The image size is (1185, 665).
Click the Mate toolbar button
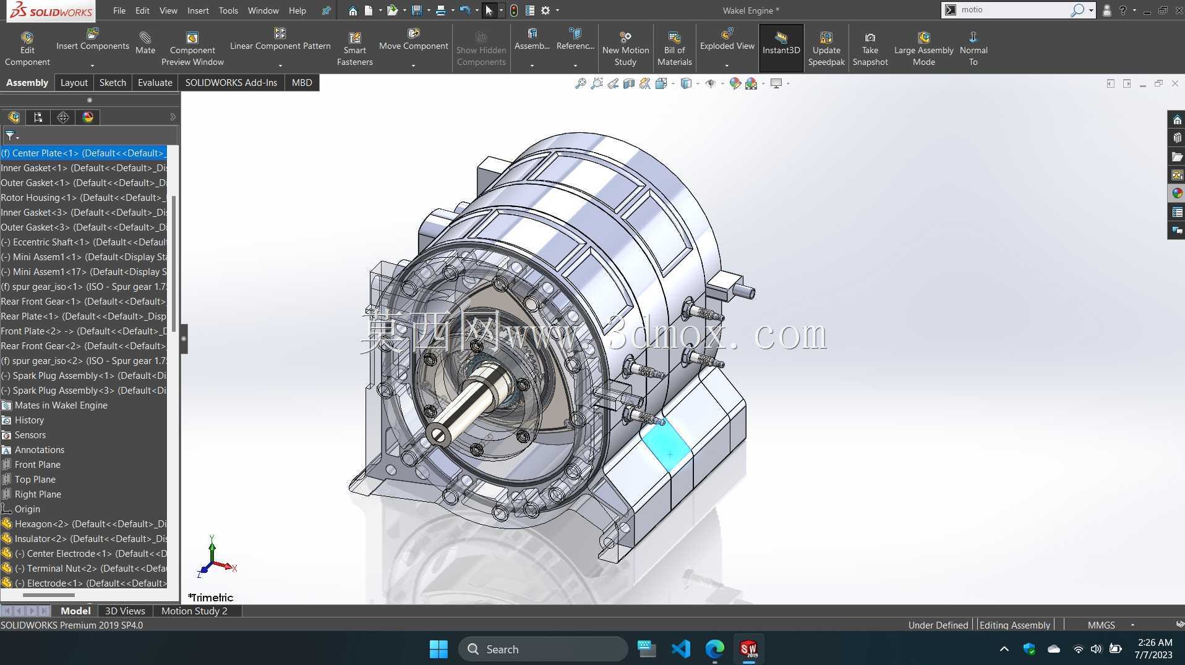145,43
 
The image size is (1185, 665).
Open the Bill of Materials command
674,48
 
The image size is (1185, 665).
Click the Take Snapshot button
870,48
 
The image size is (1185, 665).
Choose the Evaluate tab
155,82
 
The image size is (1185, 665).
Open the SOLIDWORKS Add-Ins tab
231,82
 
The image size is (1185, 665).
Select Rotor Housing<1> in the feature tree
83,198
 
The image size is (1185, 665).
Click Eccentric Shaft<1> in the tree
83,242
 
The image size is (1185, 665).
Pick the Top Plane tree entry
35,480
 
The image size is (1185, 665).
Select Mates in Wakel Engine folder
61,405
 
